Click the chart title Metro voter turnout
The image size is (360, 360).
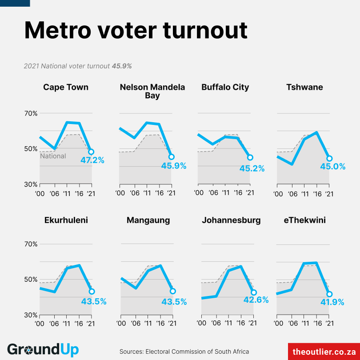[x=136, y=30]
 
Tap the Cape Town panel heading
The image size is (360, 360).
[x=66, y=87]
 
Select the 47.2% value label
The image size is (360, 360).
[x=92, y=160]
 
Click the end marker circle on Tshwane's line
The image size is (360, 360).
[x=329, y=158]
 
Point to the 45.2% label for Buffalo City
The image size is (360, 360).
[x=252, y=168]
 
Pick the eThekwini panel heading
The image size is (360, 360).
[x=305, y=220]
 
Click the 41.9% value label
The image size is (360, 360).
[x=332, y=302]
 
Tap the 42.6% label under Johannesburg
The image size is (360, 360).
[x=256, y=300]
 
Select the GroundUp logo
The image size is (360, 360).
[x=43, y=350]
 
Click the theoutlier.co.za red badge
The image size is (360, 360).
[x=324, y=352]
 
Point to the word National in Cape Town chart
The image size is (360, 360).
[x=53, y=156]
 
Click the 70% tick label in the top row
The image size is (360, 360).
[x=31, y=113]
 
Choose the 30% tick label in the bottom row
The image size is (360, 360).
[x=31, y=315]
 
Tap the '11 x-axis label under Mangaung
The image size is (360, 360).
[x=148, y=324]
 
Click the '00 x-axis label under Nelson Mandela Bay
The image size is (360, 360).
[x=120, y=193]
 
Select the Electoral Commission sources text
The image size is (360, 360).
[x=184, y=352]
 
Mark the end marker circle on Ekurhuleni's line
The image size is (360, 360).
[x=92, y=292]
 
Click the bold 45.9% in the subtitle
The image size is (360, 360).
[x=122, y=66]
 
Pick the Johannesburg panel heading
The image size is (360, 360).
[x=231, y=220]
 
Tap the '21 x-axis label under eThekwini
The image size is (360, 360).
[x=329, y=324]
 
